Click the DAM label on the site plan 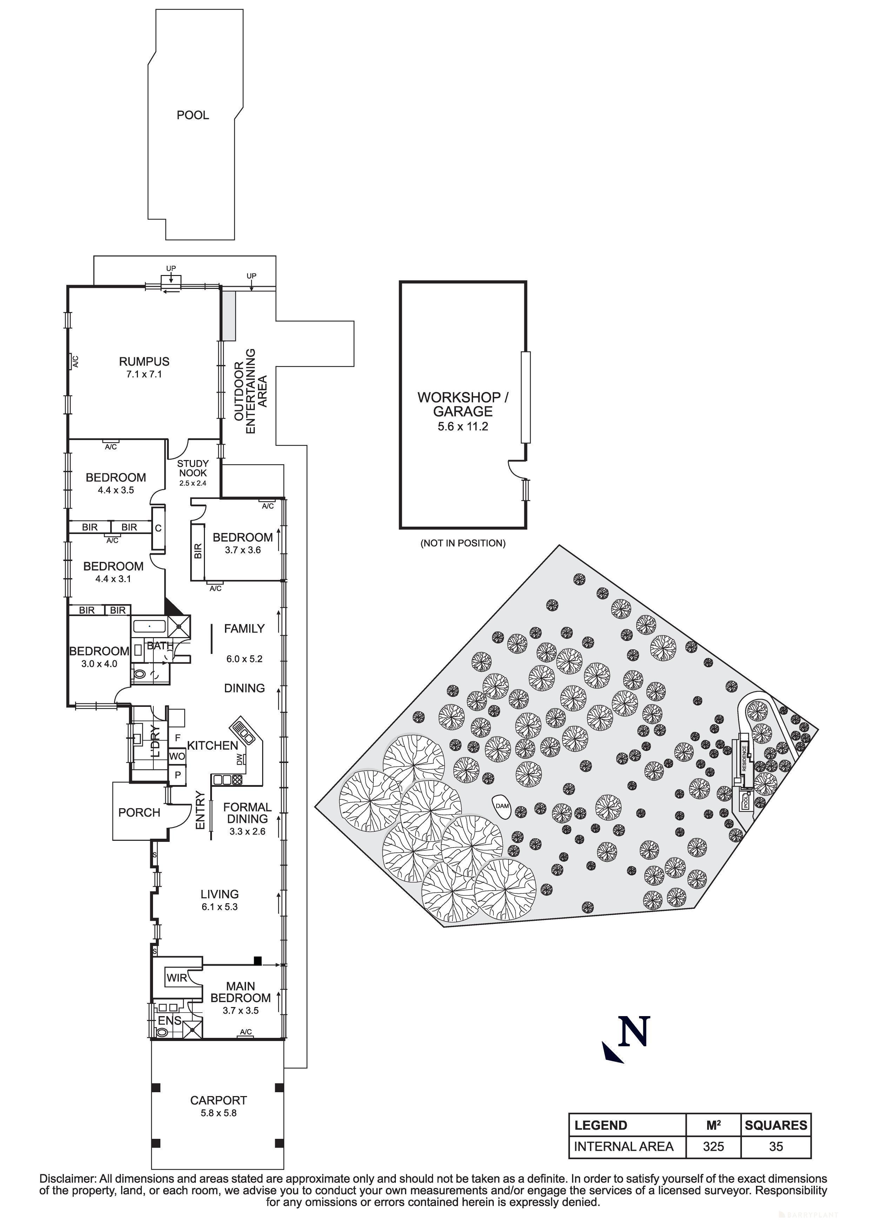point(502,806)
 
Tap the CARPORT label point(218,1100)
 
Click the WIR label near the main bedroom point(177,978)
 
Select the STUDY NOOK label point(193,468)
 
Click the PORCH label point(139,813)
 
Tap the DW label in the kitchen point(239,758)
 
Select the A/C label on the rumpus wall point(75,361)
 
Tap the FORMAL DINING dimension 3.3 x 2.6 point(247,831)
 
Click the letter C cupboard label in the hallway point(158,528)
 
